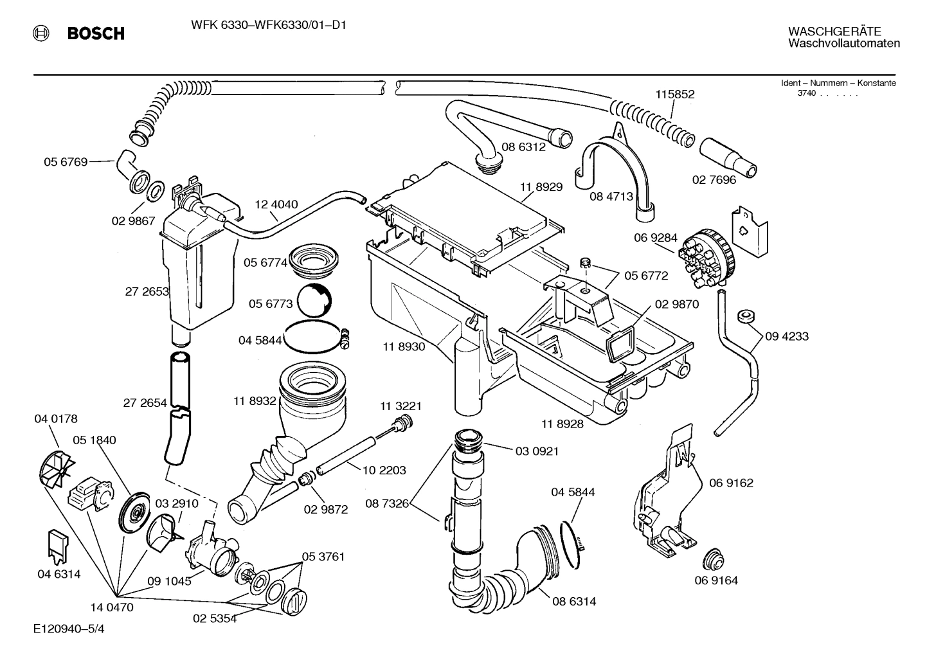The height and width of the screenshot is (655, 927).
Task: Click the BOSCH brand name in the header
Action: [96, 33]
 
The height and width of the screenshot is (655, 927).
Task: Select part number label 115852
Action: [675, 94]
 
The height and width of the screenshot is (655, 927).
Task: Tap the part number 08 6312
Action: [523, 147]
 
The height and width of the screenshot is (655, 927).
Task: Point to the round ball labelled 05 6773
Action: [315, 300]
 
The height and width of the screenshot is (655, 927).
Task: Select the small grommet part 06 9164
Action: [712, 559]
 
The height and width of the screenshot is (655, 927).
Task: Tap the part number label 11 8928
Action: [562, 424]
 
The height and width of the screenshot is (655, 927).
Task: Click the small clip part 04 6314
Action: [59, 543]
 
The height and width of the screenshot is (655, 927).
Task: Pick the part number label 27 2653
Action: [147, 291]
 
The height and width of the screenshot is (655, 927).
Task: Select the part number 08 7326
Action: [387, 503]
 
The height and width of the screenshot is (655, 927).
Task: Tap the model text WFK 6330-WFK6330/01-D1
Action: [268, 26]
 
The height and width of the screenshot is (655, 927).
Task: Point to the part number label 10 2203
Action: [384, 470]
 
